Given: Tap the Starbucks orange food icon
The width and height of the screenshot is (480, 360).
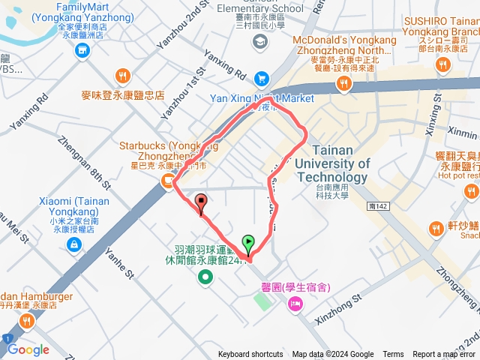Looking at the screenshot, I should pos(164,179).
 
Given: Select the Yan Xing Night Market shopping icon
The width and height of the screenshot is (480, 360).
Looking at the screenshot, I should pos(261,78).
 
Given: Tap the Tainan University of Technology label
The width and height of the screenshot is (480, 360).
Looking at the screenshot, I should pos(331,163).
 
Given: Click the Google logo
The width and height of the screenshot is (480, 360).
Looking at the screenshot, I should pos(28,349).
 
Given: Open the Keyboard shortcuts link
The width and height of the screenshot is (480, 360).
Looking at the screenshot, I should pos(250,355).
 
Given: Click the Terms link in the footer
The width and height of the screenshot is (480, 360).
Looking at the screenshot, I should pos(393,355).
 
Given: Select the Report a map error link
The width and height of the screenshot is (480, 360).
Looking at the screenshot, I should pos(445,355).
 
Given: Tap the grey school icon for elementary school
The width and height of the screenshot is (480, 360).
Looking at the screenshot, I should pos(260,42).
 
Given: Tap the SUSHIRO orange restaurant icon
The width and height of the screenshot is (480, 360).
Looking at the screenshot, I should pos(443,65).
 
